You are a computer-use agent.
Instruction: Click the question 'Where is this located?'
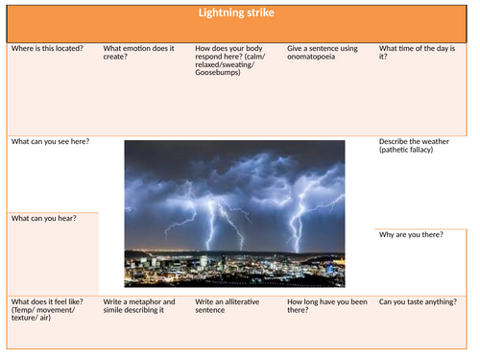(46, 47)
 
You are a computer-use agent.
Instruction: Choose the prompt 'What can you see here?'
(50, 141)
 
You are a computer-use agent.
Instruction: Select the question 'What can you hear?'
(43, 218)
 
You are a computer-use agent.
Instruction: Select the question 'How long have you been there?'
(326, 305)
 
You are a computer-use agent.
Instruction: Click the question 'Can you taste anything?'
(418, 301)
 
